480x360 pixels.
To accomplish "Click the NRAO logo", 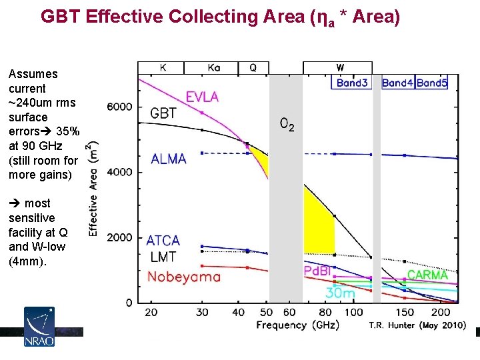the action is tap(39, 327).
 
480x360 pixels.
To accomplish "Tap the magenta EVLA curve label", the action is tap(203, 97).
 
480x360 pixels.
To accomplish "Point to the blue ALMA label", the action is tap(169, 159).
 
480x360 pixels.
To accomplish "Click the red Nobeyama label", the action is tap(184, 277).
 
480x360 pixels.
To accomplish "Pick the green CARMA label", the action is tap(427, 275).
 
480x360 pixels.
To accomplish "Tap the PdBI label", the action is tap(317, 271).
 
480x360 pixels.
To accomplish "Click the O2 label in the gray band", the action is tap(287, 124).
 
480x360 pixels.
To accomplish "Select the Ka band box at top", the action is tap(211, 67).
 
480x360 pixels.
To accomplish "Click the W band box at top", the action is tap(337, 67).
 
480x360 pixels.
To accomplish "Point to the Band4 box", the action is tap(398, 83).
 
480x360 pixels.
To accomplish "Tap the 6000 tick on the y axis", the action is tap(119, 107).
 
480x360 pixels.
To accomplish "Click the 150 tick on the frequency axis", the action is tap(405, 313).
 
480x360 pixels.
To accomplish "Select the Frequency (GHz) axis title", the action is tap(297, 325).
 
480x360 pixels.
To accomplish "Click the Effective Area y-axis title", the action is tap(93, 189).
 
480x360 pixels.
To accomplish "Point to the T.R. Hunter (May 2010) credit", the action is tap(417, 325).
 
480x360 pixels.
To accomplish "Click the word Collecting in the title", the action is tap(214, 17).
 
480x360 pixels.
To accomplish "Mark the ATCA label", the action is tap(163, 241).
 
